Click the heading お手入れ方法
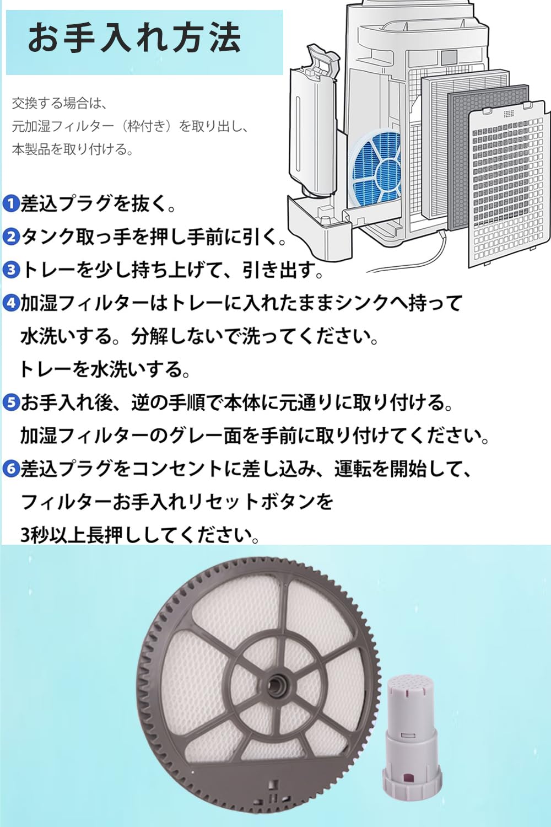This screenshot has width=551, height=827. coord(134,38)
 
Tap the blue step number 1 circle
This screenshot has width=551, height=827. coord(11,204)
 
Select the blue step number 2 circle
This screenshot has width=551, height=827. coord(11,237)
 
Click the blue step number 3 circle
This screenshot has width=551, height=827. coord(11,270)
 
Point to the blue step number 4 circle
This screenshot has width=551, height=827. coord(11,303)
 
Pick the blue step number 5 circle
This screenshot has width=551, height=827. coord(11,403)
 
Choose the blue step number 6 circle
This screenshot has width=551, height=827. coord(11,469)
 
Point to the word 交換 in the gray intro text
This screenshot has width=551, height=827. coord(25,103)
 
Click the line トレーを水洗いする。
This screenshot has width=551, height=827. coord(105,370)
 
